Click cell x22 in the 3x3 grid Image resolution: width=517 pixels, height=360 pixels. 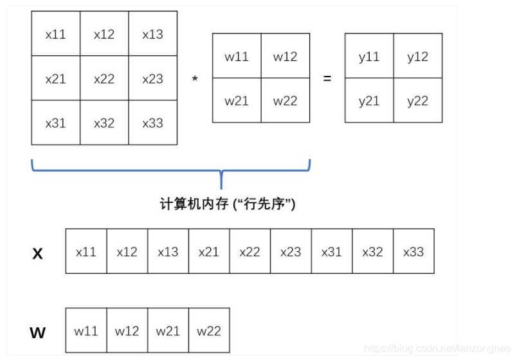point(104,78)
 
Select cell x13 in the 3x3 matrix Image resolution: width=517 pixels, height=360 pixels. point(153,34)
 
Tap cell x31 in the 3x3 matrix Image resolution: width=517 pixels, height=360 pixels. point(56,123)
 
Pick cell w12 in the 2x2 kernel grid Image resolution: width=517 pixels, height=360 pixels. point(286,57)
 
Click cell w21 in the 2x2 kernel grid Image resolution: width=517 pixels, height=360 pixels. point(237,100)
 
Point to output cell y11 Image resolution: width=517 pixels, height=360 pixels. point(369,57)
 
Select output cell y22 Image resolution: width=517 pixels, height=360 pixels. point(418,100)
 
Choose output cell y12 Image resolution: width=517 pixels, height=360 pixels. point(418,57)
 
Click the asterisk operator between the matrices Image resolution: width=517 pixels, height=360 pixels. point(195,80)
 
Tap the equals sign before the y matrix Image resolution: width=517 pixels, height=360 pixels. point(327,79)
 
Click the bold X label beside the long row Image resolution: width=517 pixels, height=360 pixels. point(38,254)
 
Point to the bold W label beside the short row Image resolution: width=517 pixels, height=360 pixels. point(38,333)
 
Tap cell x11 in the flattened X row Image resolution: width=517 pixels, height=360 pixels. point(86,251)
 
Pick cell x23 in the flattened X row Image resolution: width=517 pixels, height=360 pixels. point(291,251)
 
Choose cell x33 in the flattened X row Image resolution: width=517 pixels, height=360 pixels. point(413,251)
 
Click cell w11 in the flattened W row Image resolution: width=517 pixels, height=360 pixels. point(86,331)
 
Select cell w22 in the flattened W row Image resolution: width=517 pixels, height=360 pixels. point(209,331)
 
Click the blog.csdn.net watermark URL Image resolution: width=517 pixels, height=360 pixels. point(437,348)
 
